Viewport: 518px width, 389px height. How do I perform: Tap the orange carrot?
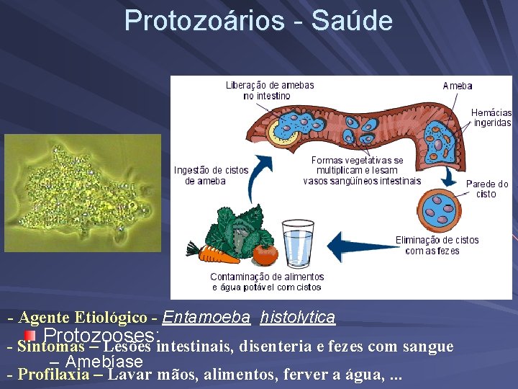(x=219, y=254)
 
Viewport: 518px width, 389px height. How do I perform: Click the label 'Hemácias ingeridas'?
(x=492, y=117)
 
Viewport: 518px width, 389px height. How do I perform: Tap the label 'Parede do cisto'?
(x=487, y=189)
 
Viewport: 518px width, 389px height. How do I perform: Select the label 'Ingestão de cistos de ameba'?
(x=211, y=175)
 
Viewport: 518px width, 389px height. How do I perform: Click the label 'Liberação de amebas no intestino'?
(x=270, y=90)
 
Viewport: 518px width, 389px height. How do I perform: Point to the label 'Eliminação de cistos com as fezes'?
(x=437, y=245)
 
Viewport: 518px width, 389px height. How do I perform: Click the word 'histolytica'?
(x=298, y=317)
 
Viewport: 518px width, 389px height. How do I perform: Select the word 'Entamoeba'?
(x=206, y=317)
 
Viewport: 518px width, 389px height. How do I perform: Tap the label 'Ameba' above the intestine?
(x=458, y=86)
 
